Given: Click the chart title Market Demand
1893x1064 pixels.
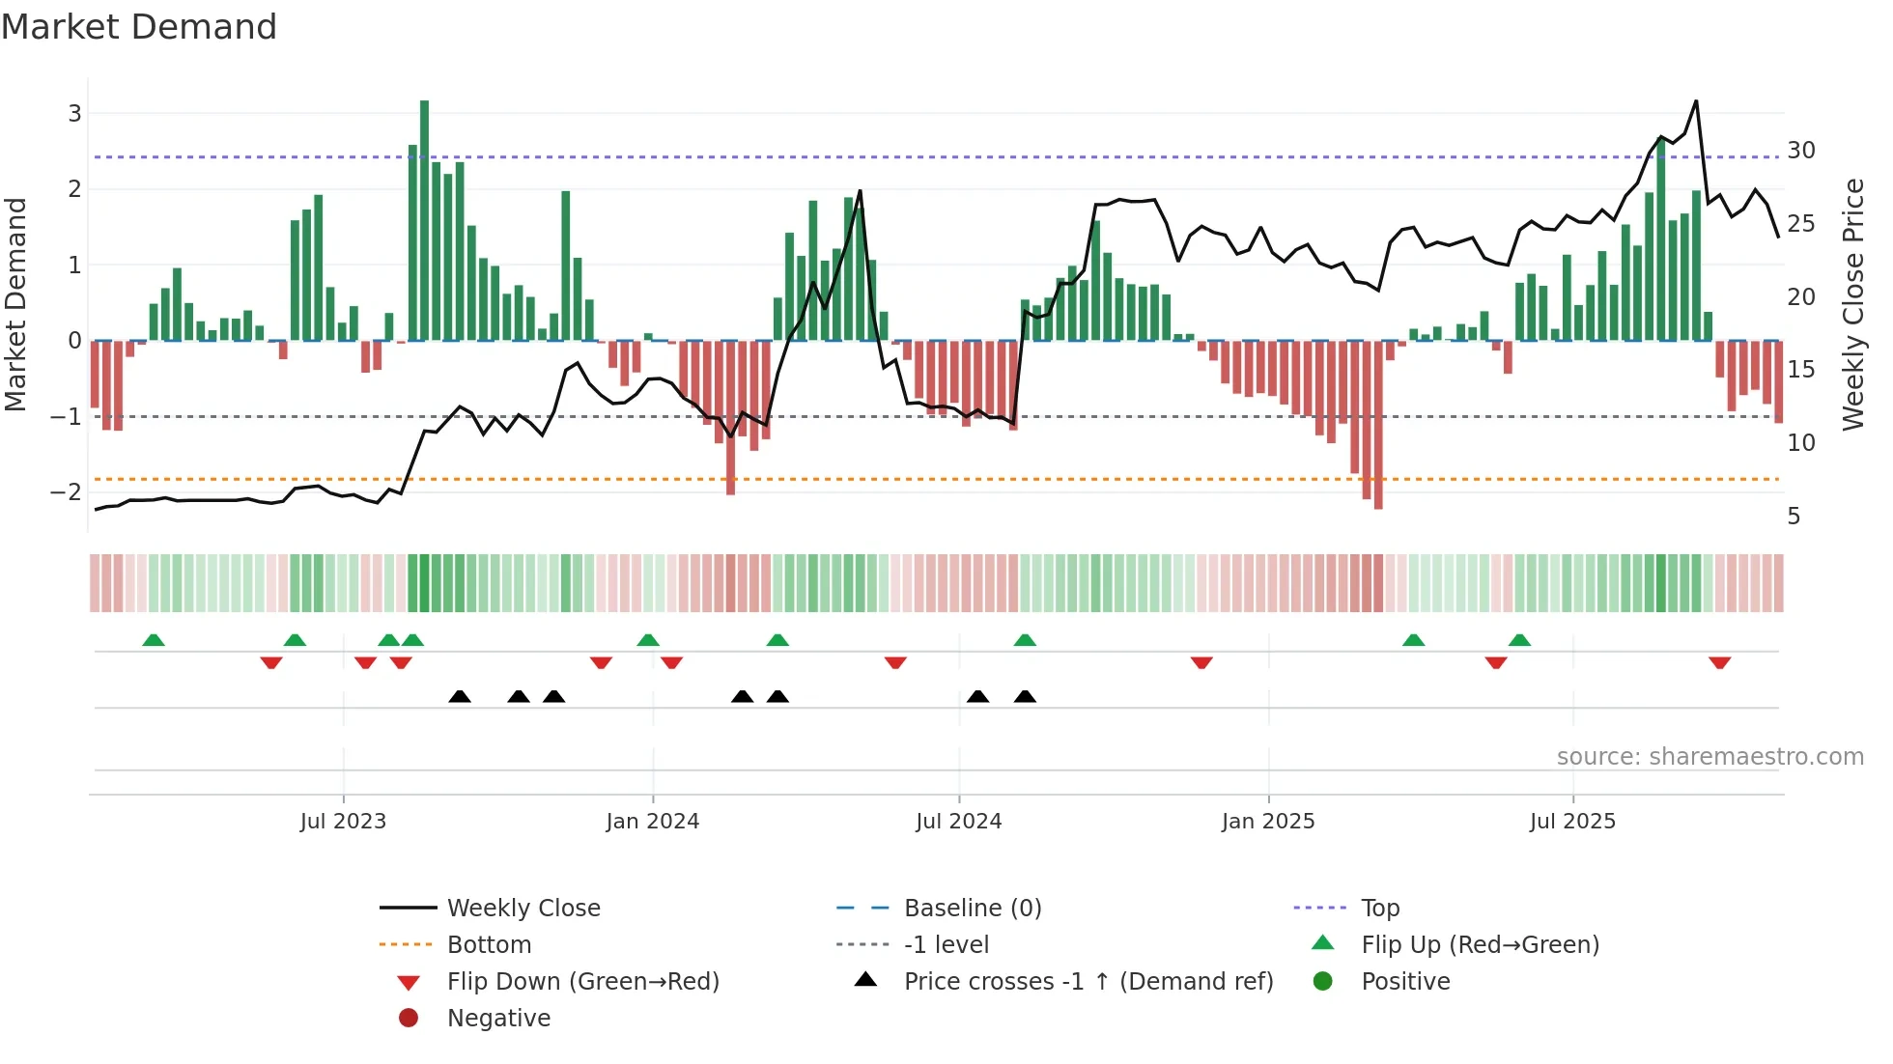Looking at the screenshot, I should click(x=139, y=27).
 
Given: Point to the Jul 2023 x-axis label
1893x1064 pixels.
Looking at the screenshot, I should click(x=343, y=822).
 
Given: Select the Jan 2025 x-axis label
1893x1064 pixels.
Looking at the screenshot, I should click(x=1268, y=822).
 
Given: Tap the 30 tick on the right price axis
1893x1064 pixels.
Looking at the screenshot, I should click(x=1801, y=151).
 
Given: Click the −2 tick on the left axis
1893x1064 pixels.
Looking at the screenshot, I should click(x=66, y=492).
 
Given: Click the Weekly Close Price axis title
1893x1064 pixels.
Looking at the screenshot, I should click(x=1852, y=304).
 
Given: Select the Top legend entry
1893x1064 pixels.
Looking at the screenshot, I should click(x=1380, y=909).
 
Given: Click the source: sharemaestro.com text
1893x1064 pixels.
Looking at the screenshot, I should click(x=1709, y=757).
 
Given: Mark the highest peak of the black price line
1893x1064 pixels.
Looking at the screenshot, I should click(x=1696, y=101).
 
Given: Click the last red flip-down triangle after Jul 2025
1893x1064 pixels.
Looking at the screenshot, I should click(x=1719, y=662).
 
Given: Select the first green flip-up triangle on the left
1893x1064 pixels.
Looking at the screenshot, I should click(x=154, y=640).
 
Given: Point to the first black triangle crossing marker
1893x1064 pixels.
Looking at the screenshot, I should click(x=460, y=696).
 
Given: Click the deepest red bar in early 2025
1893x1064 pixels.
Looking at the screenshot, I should click(x=1378, y=425).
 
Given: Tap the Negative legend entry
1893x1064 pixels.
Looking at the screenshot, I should click(x=498, y=1019).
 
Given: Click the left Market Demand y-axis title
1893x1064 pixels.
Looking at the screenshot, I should click(x=15, y=304).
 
